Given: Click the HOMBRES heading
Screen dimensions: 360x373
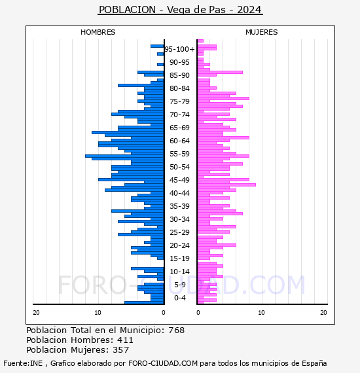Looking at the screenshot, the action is click(x=98, y=32).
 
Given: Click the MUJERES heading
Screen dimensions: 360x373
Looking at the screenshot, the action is click(x=262, y=32).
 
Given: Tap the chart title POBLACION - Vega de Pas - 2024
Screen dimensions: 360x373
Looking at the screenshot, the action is click(x=180, y=10).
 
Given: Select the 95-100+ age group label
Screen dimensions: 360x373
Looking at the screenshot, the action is click(x=179, y=49).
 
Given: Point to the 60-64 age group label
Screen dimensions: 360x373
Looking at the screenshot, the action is click(x=179, y=141).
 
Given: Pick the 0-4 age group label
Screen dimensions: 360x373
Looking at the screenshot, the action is click(x=179, y=298).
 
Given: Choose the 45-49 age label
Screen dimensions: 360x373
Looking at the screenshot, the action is click(x=179, y=180).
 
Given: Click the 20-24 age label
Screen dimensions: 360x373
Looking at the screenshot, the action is click(x=179, y=245).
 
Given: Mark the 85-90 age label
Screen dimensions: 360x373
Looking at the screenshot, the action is click(x=179, y=75).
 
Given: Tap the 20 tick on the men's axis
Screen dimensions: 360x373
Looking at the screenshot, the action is click(x=36, y=313).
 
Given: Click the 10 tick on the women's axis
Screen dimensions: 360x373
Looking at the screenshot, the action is click(x=261, y=313).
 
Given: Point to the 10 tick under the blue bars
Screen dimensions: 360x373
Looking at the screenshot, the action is click(x=98, y=313).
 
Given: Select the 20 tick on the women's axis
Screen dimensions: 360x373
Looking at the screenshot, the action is click(x=323, y=313).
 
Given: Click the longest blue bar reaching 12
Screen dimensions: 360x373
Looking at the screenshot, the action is click(x=124, y=156).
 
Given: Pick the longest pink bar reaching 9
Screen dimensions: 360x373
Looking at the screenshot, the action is click(x=226, y=185).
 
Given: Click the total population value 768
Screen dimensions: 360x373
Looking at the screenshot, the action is click(x=176, y=330).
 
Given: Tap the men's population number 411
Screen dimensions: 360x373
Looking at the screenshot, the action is click(x=125, y=340).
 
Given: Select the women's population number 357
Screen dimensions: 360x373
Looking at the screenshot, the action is click(x=121, y=350).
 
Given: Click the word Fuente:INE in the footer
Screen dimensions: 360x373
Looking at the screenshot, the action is click(x=23, y=363).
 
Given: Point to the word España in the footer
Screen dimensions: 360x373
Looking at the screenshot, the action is click(x=314, y=364).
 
